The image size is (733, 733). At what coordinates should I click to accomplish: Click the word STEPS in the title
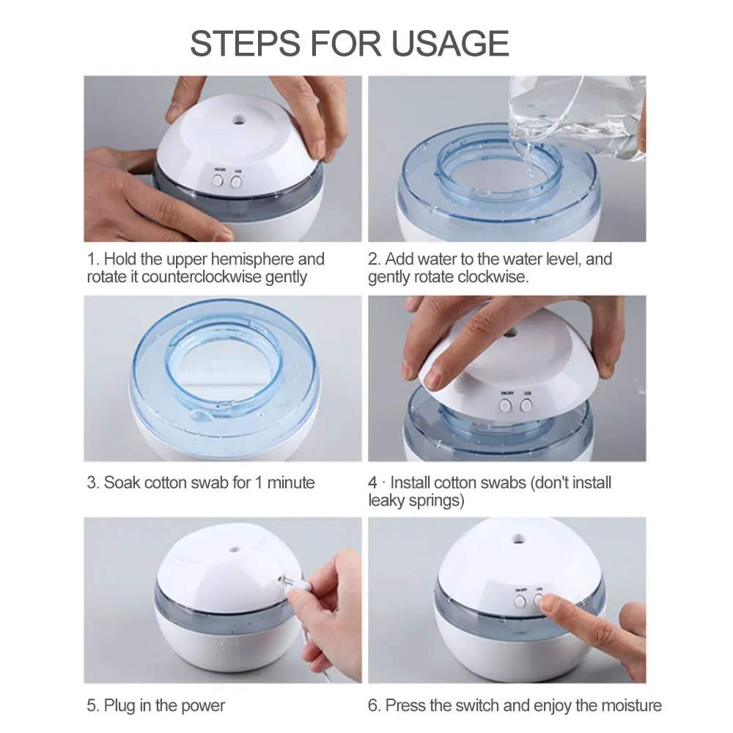click(x=243, y=43)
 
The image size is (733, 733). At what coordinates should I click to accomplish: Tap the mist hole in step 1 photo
click(x=238, y=116)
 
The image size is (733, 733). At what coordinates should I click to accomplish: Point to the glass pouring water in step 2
click(x=579, y=117)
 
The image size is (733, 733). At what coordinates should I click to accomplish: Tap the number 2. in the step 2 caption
click(x=375, y=259)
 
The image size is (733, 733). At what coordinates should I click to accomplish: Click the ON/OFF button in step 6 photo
click(x=520, y=601)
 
